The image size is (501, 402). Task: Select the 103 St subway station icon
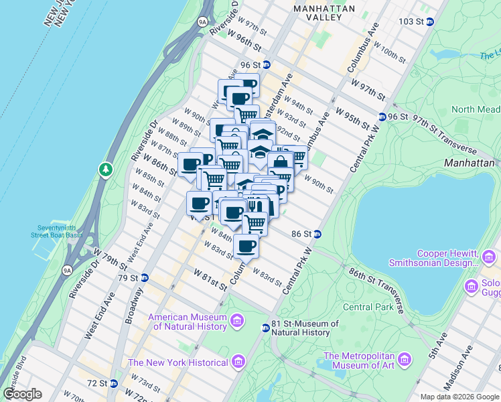pyautogui.click(x=430, y=21)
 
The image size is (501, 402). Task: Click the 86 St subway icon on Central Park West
pyautogui.click(x=317, y=234)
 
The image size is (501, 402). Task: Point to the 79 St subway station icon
pyautogui.click(x=144, y=277)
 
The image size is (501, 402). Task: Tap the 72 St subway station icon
pyautogui.click(x=113, y=384)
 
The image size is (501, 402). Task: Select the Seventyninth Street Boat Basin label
pyautogui.click(x=58, y=230)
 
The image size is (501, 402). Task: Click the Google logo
pyautogui.click(x=22, y=394)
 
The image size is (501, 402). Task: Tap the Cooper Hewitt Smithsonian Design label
pyautogui.click(x=446, y=258)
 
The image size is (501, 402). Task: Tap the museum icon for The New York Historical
pyautogui.click(x=238, y=362)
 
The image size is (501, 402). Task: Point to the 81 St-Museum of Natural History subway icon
pyautogui.click(x=265, y=327)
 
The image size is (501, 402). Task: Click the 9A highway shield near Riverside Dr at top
pyautogui.click(x=203, y=22)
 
